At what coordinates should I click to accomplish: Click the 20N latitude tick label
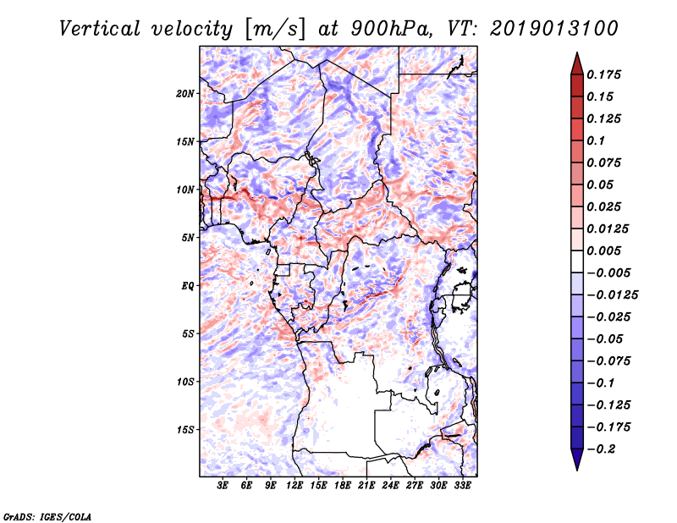pyautogui.click(x=185, y=93)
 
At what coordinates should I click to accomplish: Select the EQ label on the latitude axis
pyautogui.click(x=188, y=286)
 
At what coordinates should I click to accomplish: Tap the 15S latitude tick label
pyautogui.click(x=185, y=430)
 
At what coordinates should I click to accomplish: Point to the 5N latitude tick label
pyautogui.click(x=188, y=238)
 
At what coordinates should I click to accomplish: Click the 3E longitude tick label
pyautogui.click(x=223, y=486)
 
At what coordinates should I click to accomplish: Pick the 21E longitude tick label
pyautogui.click(x=366, y=486)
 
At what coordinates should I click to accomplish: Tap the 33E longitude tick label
pyautogui.click(x=462, y=486)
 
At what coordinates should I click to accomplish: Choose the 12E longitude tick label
pyautogui.click(x=294, y=486)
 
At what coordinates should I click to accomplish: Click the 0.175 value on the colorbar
pyautogui.click(x=603, y=74)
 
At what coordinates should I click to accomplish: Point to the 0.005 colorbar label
pyautogui.click(x=603, y=250)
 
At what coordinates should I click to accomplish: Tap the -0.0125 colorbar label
pyautogui.click(x=612, y=295)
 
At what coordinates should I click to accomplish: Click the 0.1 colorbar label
pyautogui.click(x=596, y=140)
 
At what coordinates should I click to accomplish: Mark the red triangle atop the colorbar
pyautogui.click(x=577, y=63)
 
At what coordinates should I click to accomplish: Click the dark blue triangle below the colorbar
pyautogui.click(x=577, y=460)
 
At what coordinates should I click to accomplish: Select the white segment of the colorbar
pyautogui.click(x=577, y=261)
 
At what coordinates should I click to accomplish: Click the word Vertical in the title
pyautogui.click(x=100, y=29)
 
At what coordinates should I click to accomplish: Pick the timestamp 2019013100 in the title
pyautogui.click(x=554, y=29)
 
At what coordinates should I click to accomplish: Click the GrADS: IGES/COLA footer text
pyautogui.click(x=47, y=516)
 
